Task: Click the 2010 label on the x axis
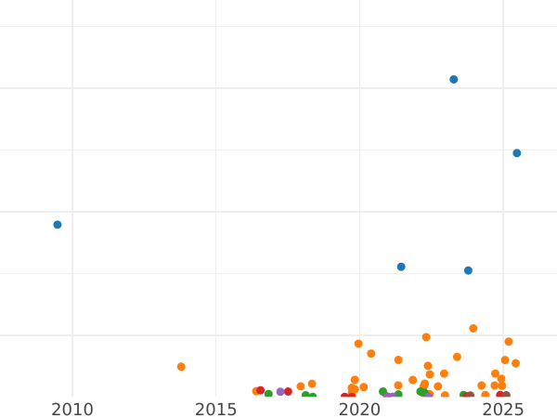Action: [x=72, y=410]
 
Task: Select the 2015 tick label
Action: [x=215, y=410]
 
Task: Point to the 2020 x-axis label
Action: [x=359, y=410]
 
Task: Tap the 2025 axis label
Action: [x=503, y=410]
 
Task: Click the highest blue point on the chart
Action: [x=454, y=80]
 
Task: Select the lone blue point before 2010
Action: [x=58, y=225]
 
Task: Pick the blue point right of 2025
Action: [x=517, y=153]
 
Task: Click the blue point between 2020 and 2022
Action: [x=401, y=267]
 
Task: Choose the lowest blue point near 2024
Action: [x=468, y=271]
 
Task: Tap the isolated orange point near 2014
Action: [x=181, y=367]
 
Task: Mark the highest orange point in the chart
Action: [x=473, y=329]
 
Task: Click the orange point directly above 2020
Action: [x=358, y=344]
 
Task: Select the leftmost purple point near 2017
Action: [x=280, y=392]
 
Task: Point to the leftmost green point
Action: [x=268, y=394]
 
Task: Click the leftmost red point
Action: [x=261, y=391]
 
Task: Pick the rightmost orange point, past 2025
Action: [x=515, y=363]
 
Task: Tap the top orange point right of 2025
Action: [x=509, y=342]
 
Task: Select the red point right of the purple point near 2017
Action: [x=288, y=392]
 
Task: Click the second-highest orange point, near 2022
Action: [x=426, y=337]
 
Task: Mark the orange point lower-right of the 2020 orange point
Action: [x=371, y=354]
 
